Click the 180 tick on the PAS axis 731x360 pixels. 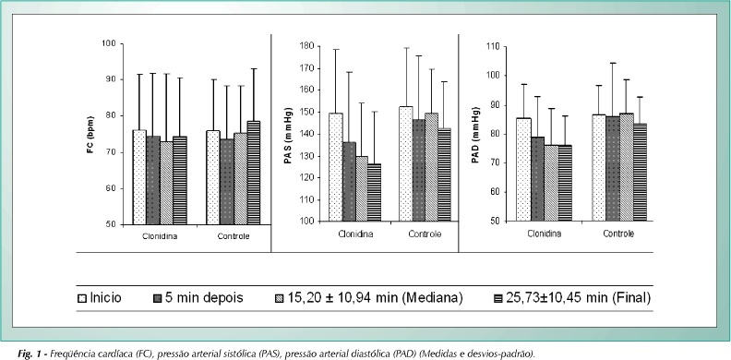[x=308, y=47]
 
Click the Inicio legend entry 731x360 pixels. [x=100, y=297]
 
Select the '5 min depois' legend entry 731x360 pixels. [x=198, y=297]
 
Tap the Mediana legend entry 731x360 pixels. [x=369, y=297]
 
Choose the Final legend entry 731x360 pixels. [x=571, y=297]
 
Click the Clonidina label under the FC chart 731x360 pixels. [x=160, y=236]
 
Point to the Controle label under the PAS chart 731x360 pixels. [x=425, y=234]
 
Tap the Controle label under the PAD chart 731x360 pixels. [x=618, y=234]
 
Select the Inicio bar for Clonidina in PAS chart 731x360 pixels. [x=336, y=167]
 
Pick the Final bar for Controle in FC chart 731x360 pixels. [x=254, y=173]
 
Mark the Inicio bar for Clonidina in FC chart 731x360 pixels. [x=139, y=177]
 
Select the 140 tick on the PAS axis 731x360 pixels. [x=308, y=134]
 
